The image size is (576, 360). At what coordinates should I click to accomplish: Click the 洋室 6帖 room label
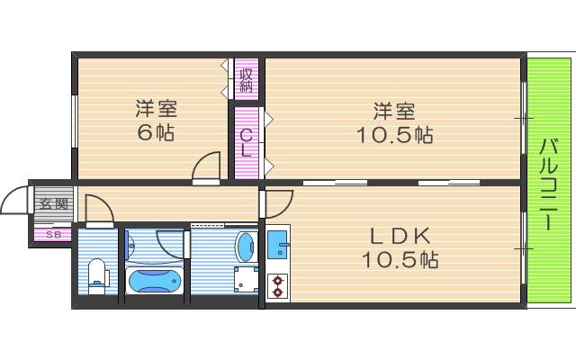click(x=155, y=121)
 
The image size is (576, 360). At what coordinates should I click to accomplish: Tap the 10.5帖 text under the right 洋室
click(x=396, y=135)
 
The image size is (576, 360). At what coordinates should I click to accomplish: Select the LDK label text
click(x=400, y=236)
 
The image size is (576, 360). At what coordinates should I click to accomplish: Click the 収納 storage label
click(x=247, y=80)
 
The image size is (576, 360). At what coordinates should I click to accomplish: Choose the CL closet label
click(x=246, y=142)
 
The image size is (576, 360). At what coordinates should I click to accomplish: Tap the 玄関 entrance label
click(x=53, y=204)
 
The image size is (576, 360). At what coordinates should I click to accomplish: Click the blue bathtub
click(x=154, y=282)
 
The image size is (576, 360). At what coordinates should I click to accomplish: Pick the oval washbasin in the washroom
click(x=244, y=245)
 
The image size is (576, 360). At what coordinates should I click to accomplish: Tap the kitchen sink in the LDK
click(x=277, y=242)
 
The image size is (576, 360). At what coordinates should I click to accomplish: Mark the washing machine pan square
click(x=245, y=281)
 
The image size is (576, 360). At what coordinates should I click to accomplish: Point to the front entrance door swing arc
click(x=15, y=202)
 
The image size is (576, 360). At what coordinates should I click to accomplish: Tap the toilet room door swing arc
click(x=97, y=210)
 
